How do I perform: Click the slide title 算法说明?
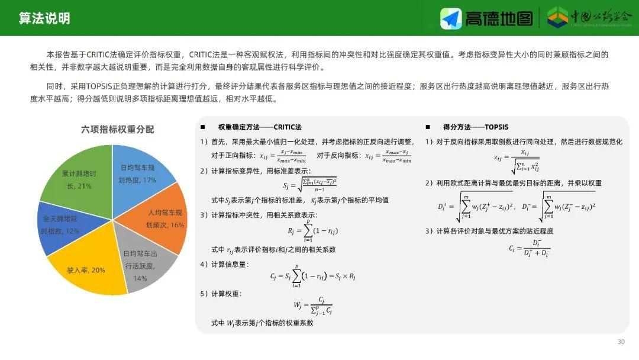44,18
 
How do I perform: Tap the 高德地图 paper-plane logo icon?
451,18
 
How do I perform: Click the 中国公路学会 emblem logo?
557,18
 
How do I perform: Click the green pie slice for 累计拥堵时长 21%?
79,178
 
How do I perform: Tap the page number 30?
621,342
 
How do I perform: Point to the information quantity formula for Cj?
312,276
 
